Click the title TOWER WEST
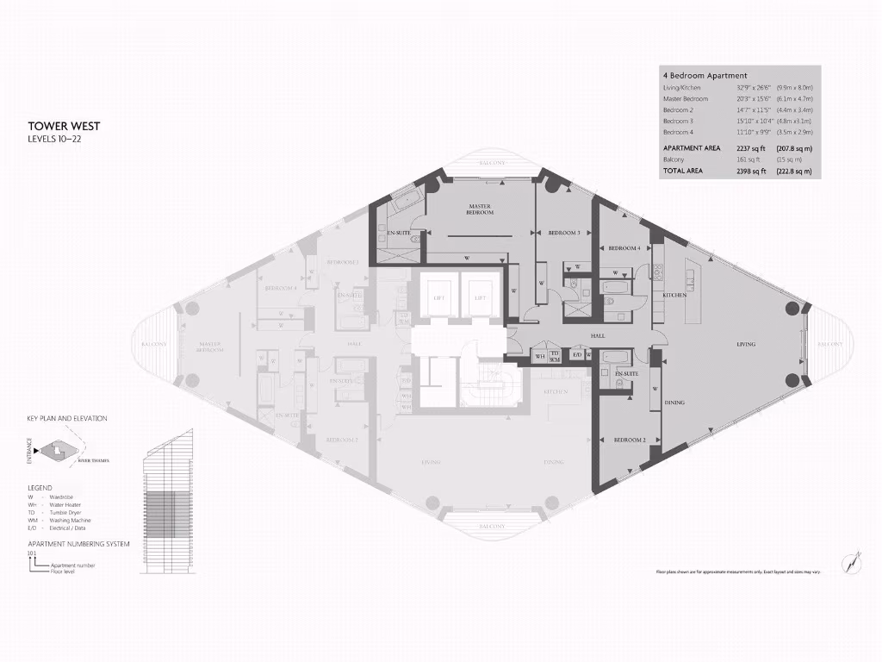pyautogui.click(x=64, y=127)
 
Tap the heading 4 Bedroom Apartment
pyautogui.click(x=705, y=76)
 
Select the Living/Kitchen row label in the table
pyautogui.click(x=683, y=88)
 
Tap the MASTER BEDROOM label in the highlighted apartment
pyautogui.click(x=480, y=209)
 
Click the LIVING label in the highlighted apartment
pyautogui.click(x=745, y=345)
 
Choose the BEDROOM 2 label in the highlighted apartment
pyautogui.click(x=630, y=440)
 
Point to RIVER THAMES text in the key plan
pyautogui.click(x=94, y=461)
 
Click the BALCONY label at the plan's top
pyautogui.click(x=493, y=162)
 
